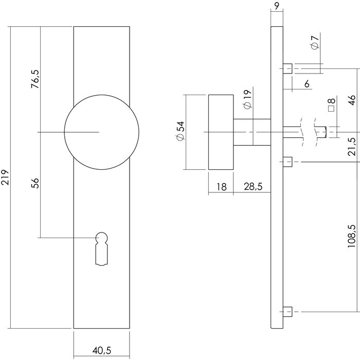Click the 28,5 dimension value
coord(252,187)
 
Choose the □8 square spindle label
coord(331,104)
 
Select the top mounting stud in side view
coord(288,68)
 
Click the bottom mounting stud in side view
coord(288,311)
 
